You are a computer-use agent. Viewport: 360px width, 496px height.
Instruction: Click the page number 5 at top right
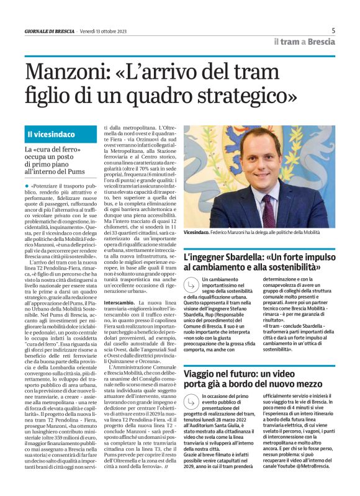coord(333,30)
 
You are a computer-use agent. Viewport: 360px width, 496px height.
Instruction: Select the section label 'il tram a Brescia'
coord(304,41)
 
